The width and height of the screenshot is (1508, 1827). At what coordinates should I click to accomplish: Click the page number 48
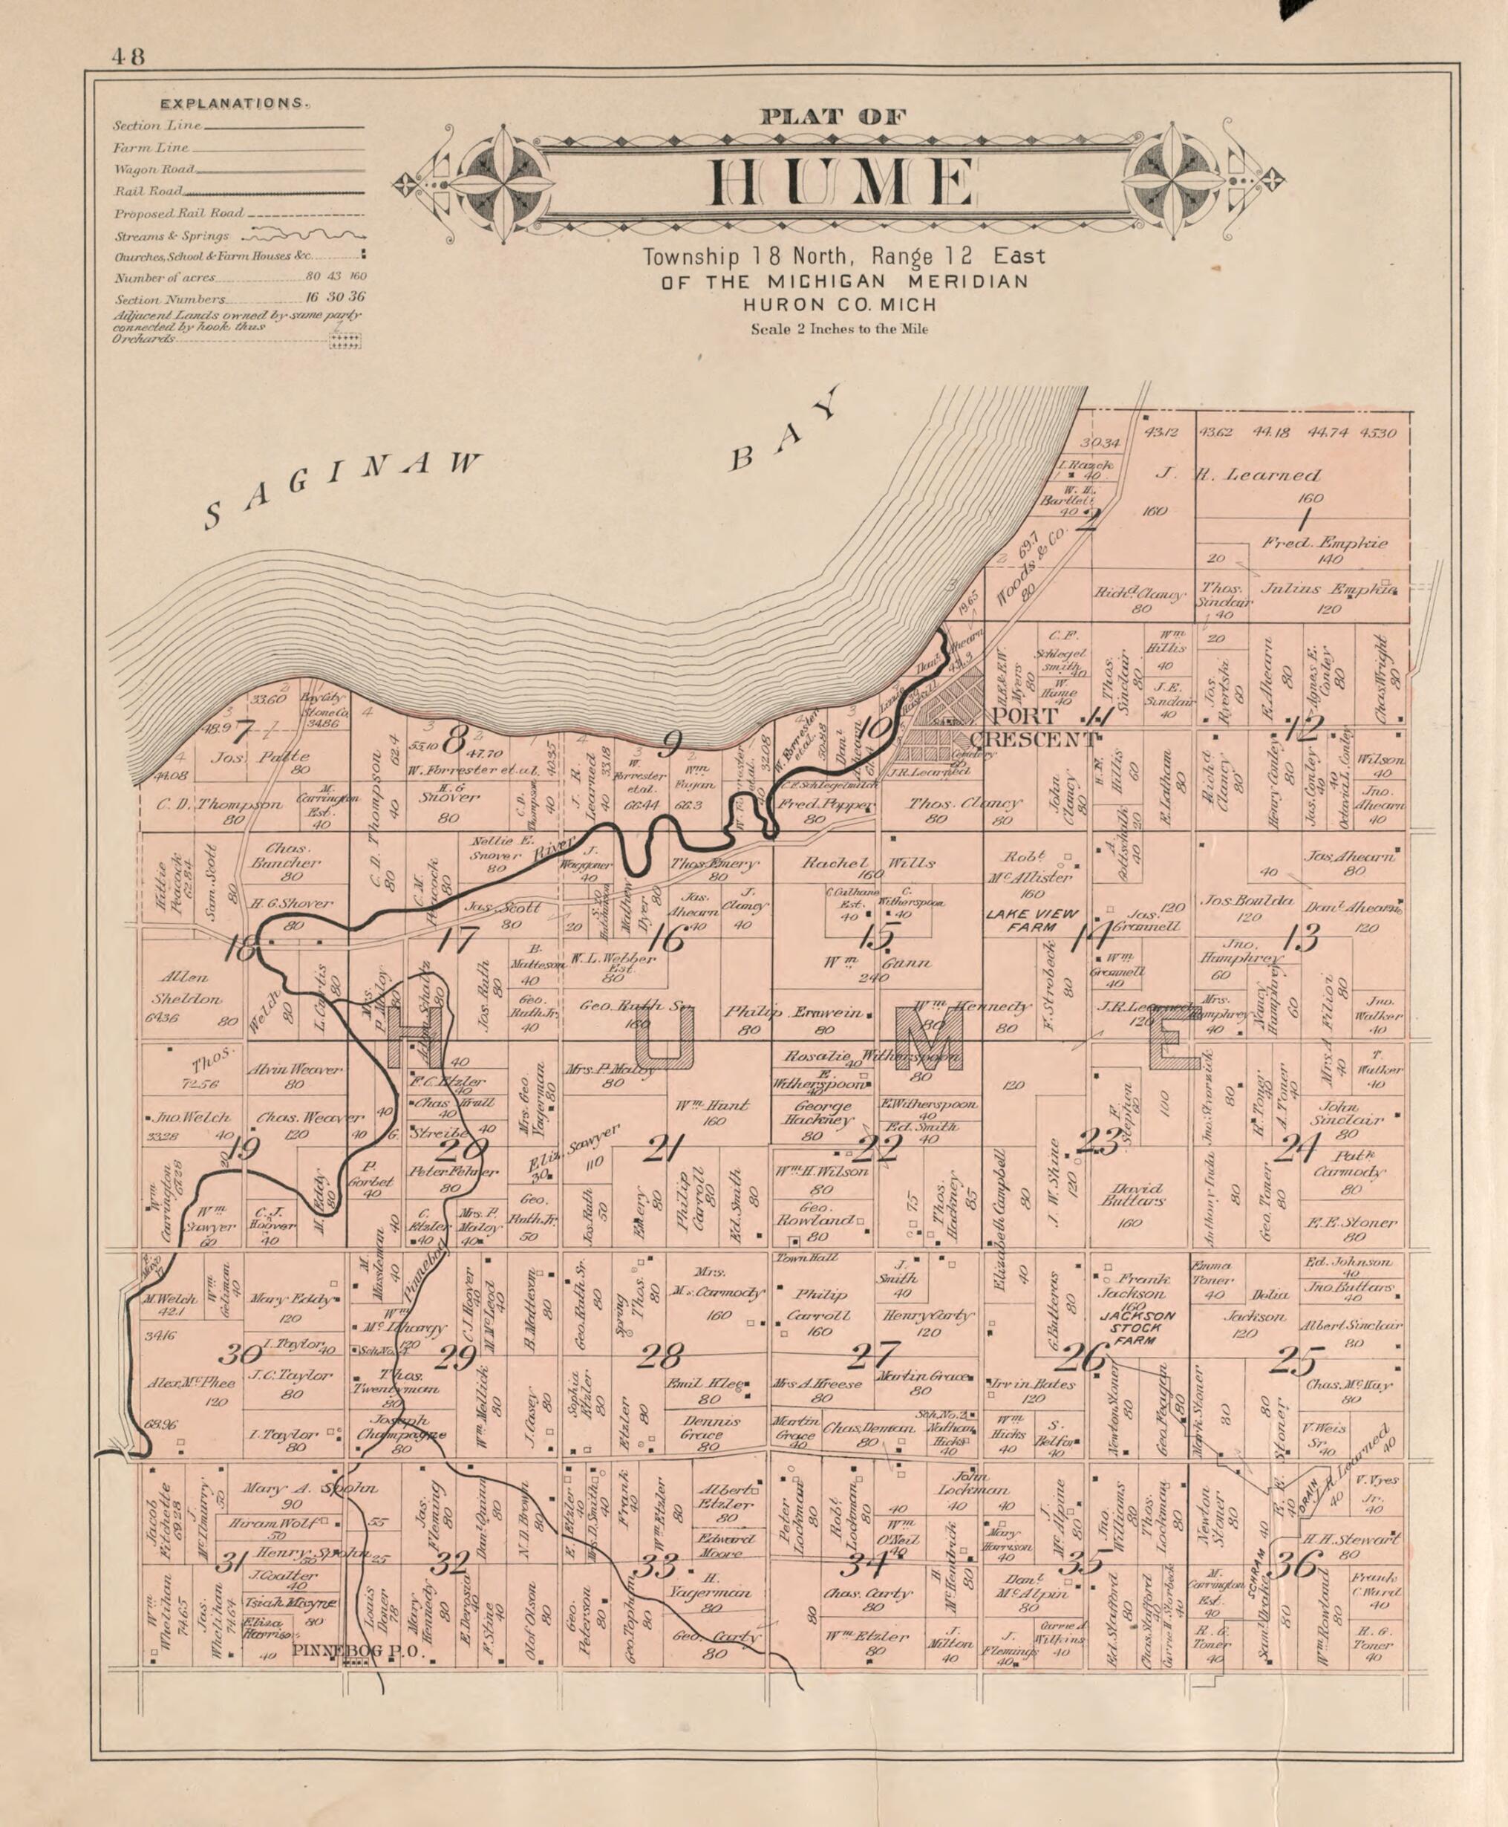tap(128, 56)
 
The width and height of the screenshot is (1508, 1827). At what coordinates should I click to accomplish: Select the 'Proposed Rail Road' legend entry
tap(179, 214)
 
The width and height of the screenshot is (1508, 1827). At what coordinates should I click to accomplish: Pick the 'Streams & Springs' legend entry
tap(172, 236)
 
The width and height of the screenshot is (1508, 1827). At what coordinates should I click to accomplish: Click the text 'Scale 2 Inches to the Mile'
tap(838, 329)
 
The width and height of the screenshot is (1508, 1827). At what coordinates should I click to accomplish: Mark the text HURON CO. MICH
tap(839, 305)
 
